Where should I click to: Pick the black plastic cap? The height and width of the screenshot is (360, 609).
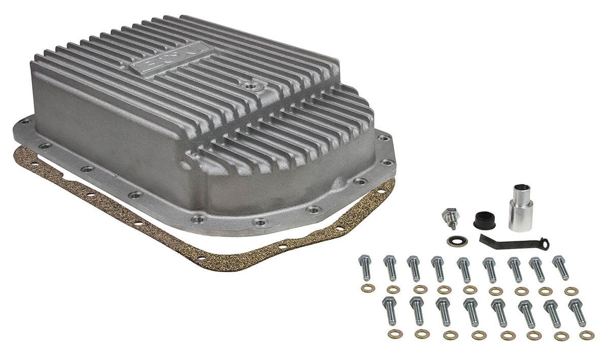(x=484, y=219)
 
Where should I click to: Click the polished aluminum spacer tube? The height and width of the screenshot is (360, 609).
(x=521, y=209)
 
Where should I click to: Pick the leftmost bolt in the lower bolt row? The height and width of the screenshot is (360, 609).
(x=390, y=310)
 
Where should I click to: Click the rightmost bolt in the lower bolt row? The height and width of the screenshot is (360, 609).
(x=577, y=312)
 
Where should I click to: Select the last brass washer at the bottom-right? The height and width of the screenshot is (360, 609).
(x=587, y=335)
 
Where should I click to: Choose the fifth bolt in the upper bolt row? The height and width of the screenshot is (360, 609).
(x=464, y=269)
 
